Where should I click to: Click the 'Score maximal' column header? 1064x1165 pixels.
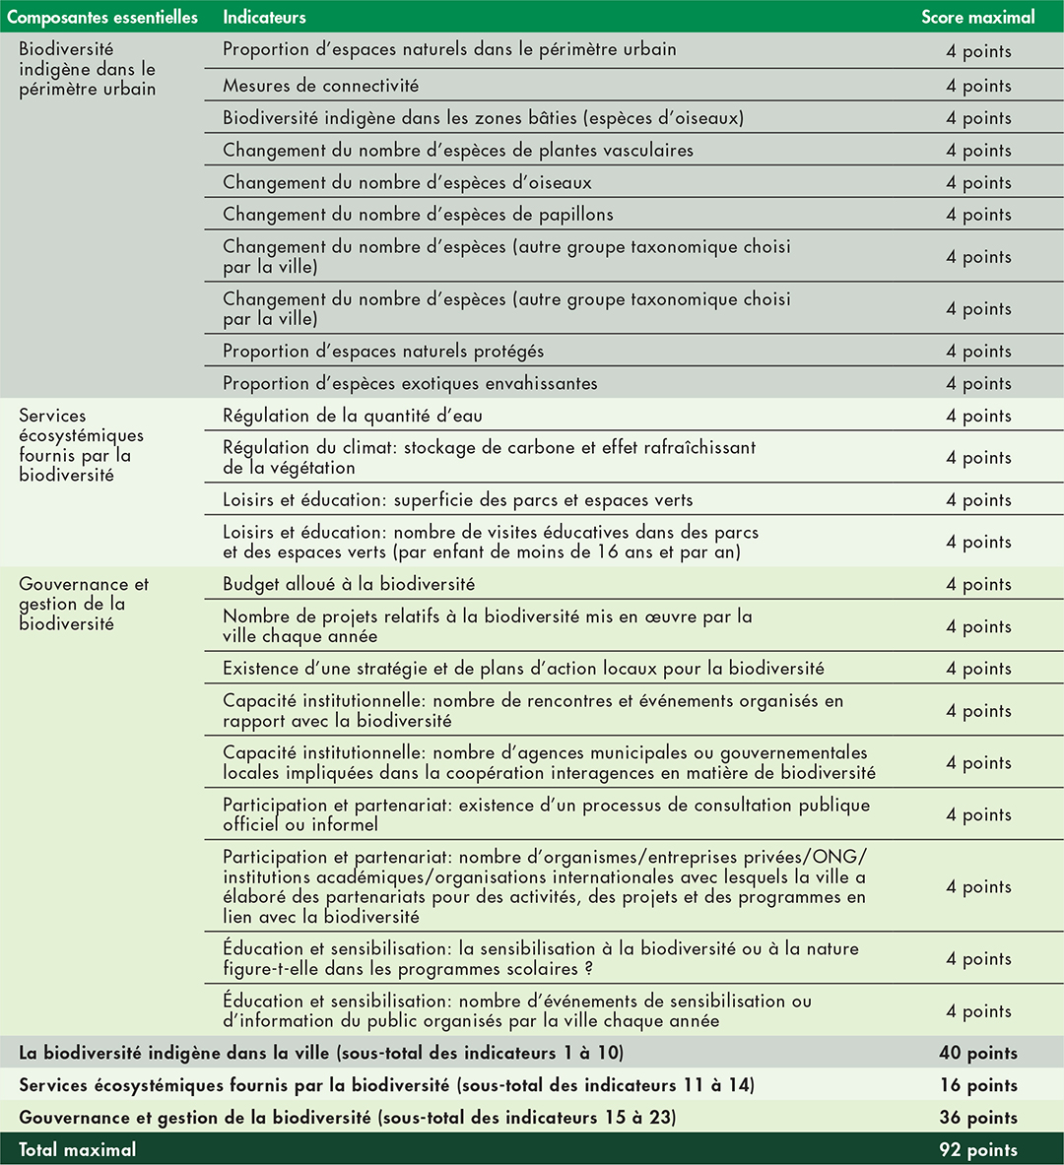tap(977, 18)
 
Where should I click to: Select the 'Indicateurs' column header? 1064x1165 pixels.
tap(264, 18)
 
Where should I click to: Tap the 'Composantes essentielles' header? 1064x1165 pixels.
tap(102, 18)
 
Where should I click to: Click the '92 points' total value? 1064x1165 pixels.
tap(977, 1149)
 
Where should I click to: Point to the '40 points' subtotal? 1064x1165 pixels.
tap(977, 1053)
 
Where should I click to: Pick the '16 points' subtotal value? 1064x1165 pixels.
tap(977, 1085)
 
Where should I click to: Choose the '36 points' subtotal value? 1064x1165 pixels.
tap(977, 1118)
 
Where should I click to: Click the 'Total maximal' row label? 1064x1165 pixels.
tap(78, 1149)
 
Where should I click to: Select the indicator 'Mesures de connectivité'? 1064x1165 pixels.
tap(320, 86)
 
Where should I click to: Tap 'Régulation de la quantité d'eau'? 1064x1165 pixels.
tap(353, 416)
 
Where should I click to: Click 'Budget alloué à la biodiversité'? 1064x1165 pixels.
tap(349, 584)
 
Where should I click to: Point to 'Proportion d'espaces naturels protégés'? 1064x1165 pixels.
tap(383, 352)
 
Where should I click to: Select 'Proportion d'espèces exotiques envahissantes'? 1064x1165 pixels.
tap(410, 384)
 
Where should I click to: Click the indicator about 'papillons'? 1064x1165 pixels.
tap(418, 215)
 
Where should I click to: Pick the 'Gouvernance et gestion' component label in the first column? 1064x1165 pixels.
tap(84, 604)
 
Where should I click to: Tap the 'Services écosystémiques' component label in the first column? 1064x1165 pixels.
tap(81, 445)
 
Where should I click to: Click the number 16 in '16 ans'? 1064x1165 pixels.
tap(608, 552)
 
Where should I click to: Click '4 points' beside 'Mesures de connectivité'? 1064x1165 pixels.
tap(977, 86)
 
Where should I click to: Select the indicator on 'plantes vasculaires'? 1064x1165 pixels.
tap(458, 151)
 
